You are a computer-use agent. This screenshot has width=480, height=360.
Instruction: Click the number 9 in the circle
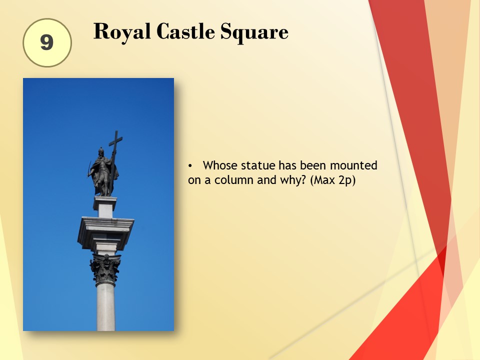click(47, 42)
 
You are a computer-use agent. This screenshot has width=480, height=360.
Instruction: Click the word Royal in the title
click(122, 32)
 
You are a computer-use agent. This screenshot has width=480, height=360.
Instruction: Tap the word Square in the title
click(254, 32)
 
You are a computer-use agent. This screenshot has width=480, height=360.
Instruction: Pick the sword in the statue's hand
click(89, 169)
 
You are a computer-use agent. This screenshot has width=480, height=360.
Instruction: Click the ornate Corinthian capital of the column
click(105, 269)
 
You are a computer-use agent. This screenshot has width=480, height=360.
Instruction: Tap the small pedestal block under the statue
click(105, 207)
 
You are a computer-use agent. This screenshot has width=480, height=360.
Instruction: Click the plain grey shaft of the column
click(106, 307)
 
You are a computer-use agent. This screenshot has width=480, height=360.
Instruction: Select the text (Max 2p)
click(333, 180)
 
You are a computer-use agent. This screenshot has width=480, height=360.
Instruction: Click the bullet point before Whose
click(190, 166)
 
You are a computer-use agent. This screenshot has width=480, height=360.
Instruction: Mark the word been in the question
click(313, 165)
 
